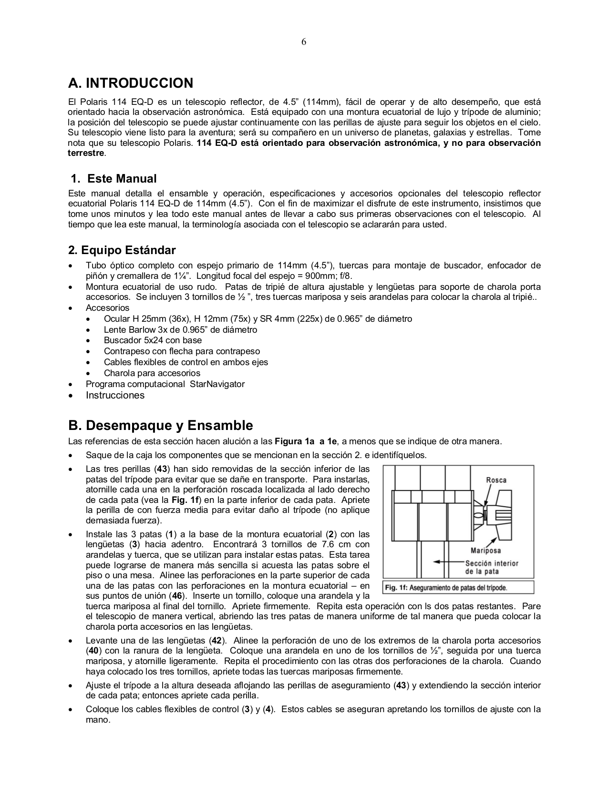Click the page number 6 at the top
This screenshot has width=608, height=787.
click(x=304, y=42)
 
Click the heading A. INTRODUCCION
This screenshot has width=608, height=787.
click(x=131, y=83)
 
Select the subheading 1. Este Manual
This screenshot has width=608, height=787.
click(x=113, y=179)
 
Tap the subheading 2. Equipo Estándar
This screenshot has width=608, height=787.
click(x=122, y=250)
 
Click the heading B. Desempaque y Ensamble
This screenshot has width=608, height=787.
click(x=161, y=425)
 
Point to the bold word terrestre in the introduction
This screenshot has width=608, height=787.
click(x=86, y=153)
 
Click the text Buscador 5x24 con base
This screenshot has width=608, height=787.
click(x=153, y=340)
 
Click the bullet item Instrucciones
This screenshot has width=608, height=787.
click(x=115, y=395)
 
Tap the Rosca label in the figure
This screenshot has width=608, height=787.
click(x=496, y=480)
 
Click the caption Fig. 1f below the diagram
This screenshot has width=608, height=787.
click(x=446, y=588)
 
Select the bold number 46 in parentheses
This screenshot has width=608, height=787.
click(x=176, y=596)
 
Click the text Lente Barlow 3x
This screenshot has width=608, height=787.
click(x=132, y=330)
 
